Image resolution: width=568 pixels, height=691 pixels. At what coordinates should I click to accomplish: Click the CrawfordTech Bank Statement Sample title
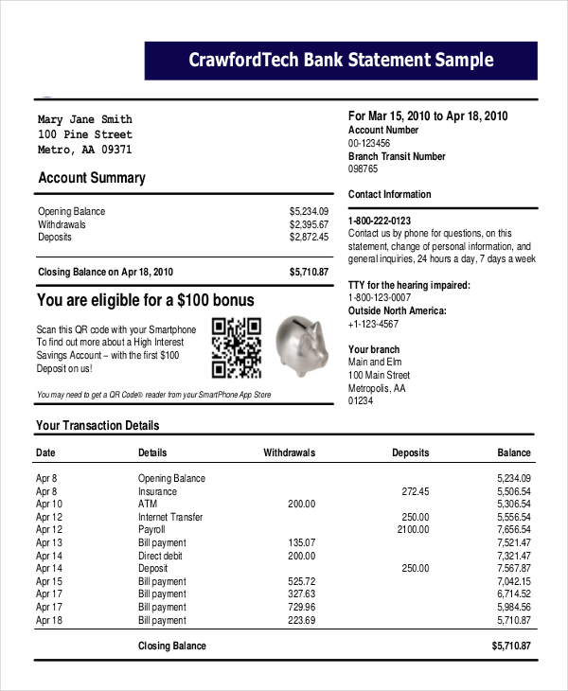coord(341,61)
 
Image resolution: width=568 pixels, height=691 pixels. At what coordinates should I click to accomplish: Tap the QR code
coord(236,346)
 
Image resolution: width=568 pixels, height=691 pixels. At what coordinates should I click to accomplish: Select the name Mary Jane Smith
coord(84,120)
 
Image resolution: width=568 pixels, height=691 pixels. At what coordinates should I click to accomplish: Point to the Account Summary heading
coord(92,178)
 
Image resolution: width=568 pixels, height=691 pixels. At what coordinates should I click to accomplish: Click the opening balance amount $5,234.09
coord(309,211)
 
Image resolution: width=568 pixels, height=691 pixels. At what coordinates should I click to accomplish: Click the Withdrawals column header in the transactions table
coord(289,453)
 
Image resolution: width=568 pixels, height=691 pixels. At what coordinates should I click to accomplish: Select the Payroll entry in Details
coord(153,530)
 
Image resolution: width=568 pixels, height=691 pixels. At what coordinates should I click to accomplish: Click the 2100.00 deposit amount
coord(413,530)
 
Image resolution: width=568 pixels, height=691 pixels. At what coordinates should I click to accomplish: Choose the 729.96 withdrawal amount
coord(301,607)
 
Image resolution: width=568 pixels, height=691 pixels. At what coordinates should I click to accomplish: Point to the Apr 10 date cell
coord(49,505)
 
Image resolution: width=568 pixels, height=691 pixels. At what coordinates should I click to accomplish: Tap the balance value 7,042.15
coord(514,581)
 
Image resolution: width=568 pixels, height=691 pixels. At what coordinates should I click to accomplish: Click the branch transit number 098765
coord(363,169)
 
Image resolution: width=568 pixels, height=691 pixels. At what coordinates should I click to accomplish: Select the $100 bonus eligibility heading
coord(145,301)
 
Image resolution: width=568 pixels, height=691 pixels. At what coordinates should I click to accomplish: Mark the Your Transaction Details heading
coord(98,426)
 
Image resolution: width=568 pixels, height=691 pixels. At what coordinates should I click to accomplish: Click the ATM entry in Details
coord(148,505)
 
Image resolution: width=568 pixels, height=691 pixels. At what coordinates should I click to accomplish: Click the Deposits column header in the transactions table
coord(410,453)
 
